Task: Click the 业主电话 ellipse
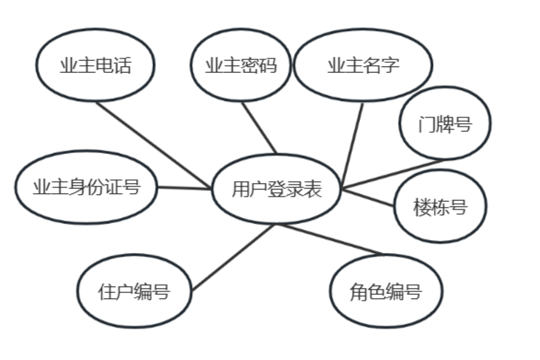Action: tap(95, 65)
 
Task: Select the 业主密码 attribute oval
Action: tap(240, 65)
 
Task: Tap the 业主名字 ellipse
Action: tap(363, 65)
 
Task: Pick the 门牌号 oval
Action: tap(445, 123)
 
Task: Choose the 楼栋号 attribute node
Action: tap(440, 206)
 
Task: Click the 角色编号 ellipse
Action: tap(386, 291)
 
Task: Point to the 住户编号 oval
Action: tap(134, 291)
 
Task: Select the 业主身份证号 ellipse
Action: tap(86, 187)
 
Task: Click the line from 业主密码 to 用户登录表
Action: tap(259, 127)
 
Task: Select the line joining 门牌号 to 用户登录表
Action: tap(395, 174)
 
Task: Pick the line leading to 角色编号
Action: tap(330, 239)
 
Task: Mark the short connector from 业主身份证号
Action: tap(184, 188)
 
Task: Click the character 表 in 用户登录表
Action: tap(313, 189)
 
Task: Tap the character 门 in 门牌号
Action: tap(425, 123)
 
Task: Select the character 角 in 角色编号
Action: tap(358, 291)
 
